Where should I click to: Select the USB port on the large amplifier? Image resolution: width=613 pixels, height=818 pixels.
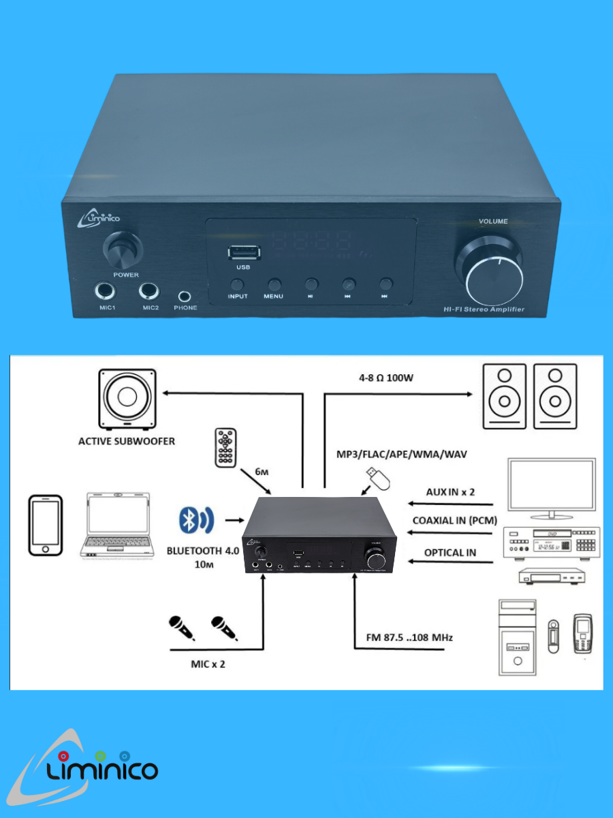[x=244, y=252]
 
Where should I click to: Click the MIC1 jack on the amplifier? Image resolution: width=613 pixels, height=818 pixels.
[x=106, y=292]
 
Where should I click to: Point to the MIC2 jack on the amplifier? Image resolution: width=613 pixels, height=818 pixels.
[x=151, y=292]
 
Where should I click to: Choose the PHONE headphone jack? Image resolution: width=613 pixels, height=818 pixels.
[x=185, y=296]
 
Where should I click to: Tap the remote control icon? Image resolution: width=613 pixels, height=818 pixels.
[x=225, y=448]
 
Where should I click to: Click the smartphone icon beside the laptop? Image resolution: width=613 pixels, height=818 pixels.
[x=46, y=525]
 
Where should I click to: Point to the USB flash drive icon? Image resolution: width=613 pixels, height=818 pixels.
[x=377, y=479]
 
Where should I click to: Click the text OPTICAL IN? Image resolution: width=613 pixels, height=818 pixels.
[x=450, y=552]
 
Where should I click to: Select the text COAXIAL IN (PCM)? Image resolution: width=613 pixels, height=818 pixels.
[x=454, y=520]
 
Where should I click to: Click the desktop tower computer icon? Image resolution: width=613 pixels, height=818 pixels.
[x=517, y=637]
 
